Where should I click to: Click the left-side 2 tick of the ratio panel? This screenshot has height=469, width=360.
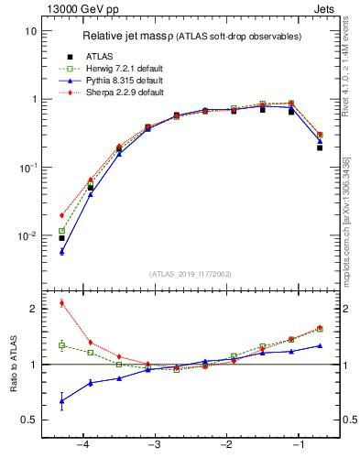32,309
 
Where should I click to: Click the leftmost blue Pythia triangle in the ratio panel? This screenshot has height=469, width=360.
61,401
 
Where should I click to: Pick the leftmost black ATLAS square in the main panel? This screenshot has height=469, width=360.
61,238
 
